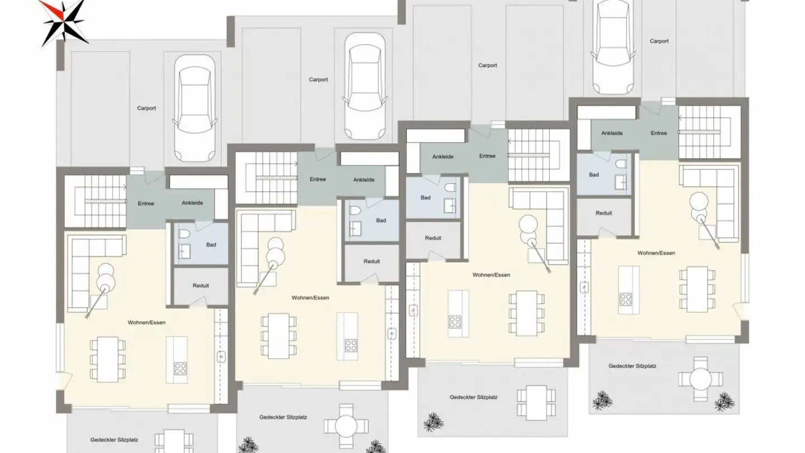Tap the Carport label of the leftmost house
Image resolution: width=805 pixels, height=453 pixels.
click(146, 108)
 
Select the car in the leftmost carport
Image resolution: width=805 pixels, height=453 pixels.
click(195, 108)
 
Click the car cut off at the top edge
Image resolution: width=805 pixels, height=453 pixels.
click(613, 47)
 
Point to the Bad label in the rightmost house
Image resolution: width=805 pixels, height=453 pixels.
click(594, 174)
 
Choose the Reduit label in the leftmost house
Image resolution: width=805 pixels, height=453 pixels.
click(201, 286)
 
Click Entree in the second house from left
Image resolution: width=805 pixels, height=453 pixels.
click(318, 180)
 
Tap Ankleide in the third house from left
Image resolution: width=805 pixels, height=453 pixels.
click(443, 157)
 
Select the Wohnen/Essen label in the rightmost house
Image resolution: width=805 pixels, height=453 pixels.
click(656, 253)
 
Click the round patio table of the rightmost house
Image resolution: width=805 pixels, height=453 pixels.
click(700, 379)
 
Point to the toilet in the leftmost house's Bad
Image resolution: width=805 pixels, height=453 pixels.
click(184, 234)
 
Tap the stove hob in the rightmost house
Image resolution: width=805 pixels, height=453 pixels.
click(626, 300)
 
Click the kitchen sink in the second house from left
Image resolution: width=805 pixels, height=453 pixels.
click(392, 334)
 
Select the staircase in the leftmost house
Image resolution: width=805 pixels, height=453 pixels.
click(96, 201)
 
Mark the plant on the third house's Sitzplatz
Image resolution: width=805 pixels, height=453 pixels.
click(433, 422)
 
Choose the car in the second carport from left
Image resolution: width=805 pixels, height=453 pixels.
click(364, 87)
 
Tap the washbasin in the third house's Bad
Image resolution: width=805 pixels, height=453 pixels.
click(450, 206)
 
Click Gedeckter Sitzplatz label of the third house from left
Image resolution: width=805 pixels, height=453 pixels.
click(473, 398)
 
